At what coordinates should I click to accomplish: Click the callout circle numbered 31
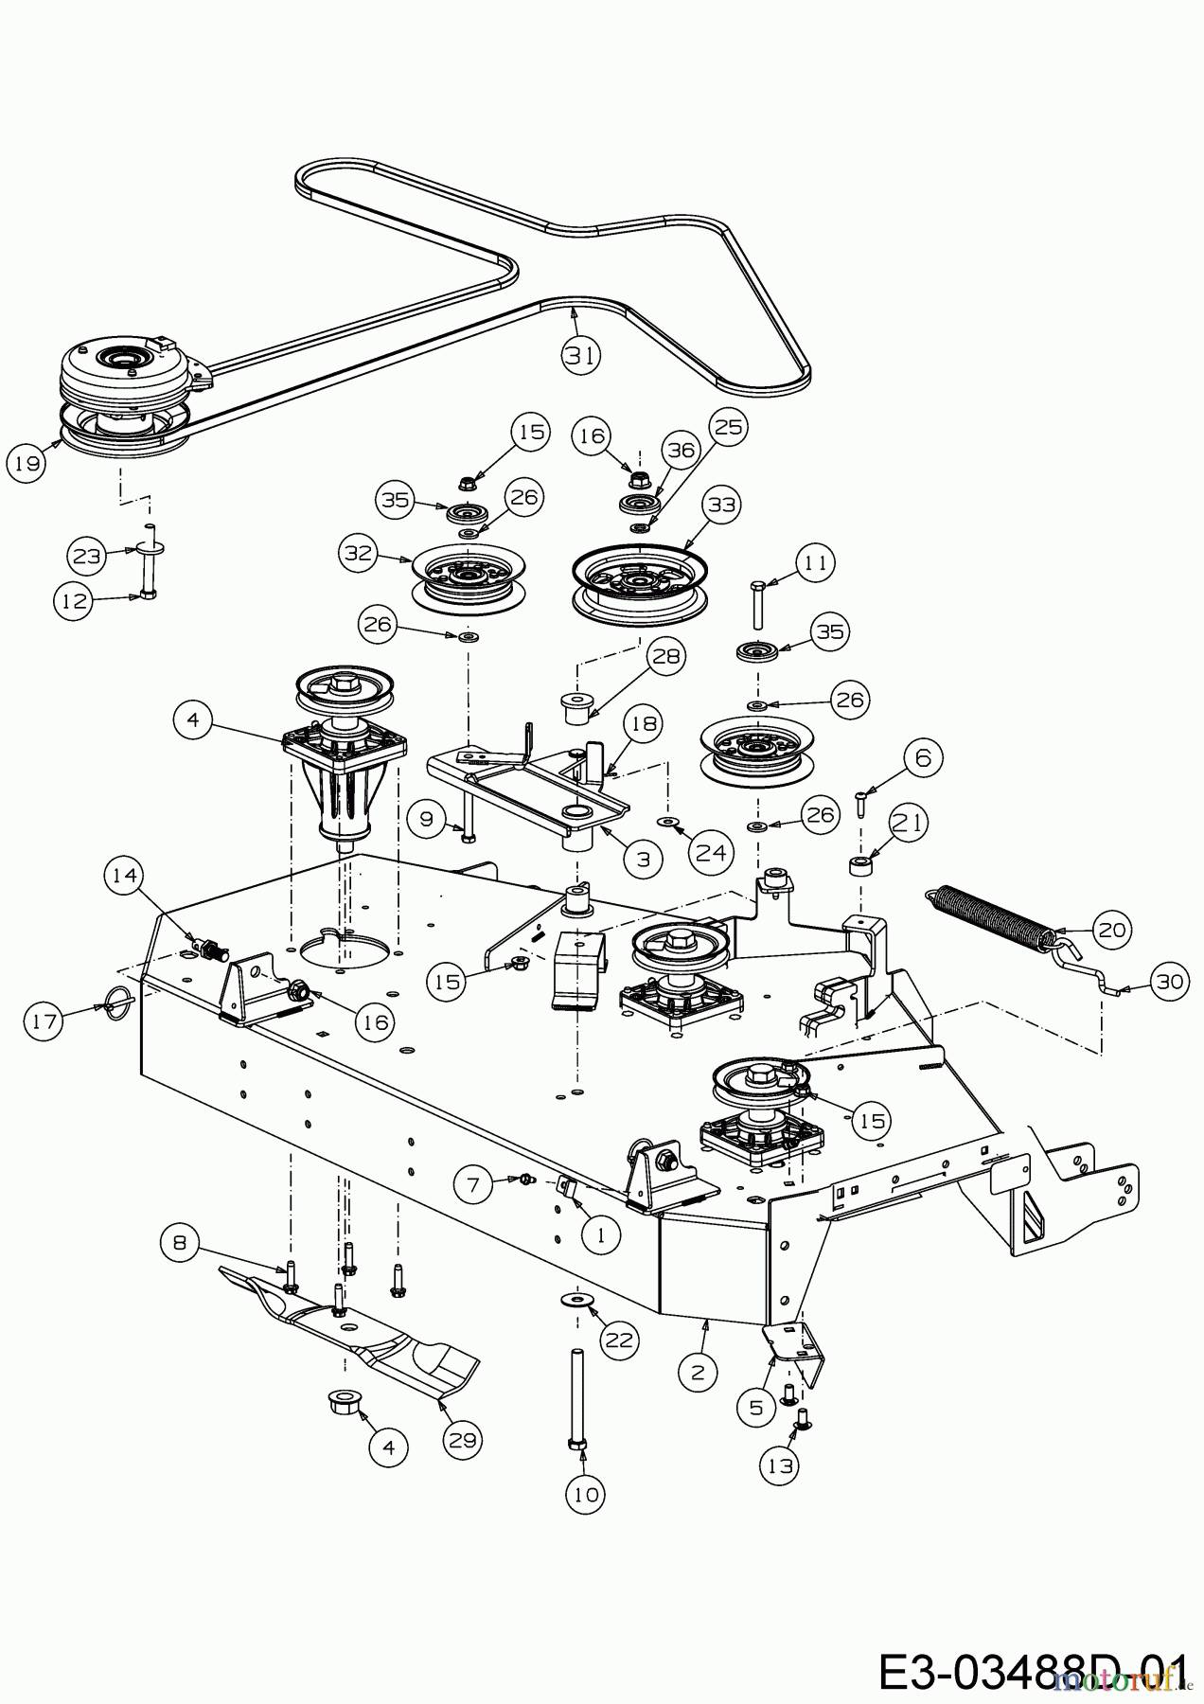[x=581, y=354]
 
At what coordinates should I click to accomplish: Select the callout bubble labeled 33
[x=721, y=506]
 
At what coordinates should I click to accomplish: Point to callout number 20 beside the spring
[x=1111, y=930]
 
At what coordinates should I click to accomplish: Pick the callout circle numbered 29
[x=463, y=1440]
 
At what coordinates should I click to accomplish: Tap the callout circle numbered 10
[x=587, y=1494]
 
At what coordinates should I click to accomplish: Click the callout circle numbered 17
[x=44, y=1021]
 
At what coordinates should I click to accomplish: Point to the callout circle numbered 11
[x=815, y=563]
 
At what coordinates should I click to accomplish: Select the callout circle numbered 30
[x=1171, y=982]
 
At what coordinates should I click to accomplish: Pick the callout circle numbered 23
[x=87, y=556]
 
